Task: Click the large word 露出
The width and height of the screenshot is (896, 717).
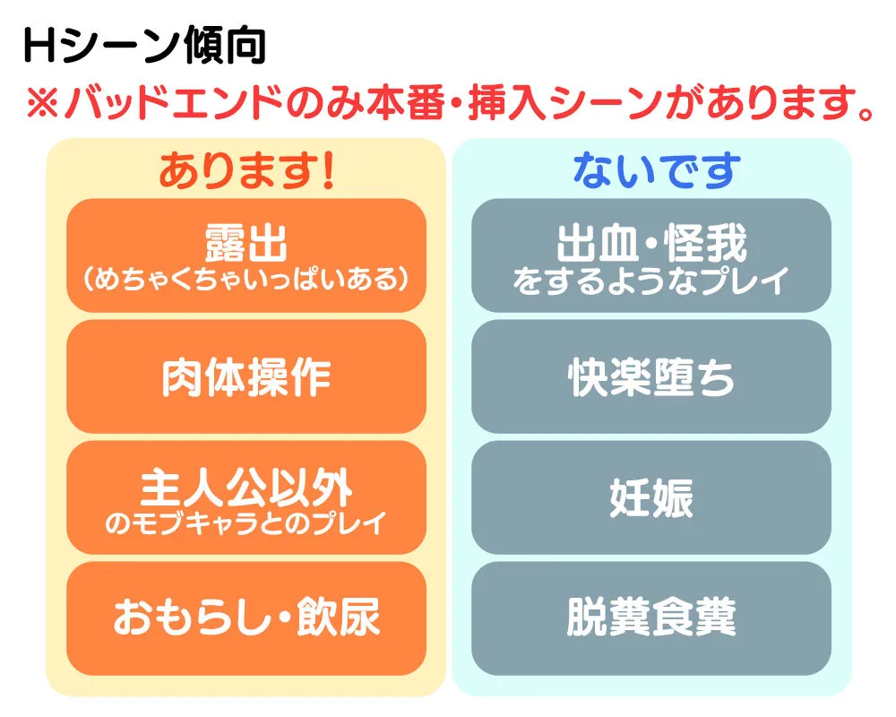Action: pos(246,242)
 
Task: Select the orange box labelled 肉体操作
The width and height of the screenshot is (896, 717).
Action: pos(246,377)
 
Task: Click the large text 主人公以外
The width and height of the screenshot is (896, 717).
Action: pos(246,488)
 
